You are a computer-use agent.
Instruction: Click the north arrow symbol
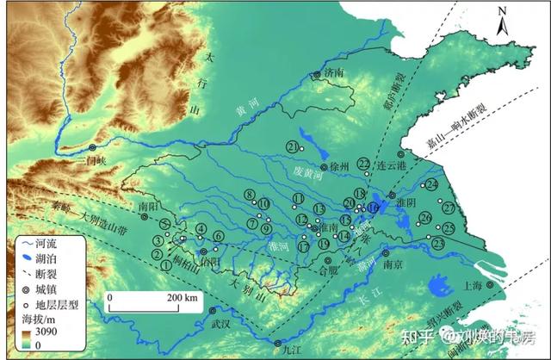(x=505, y=23)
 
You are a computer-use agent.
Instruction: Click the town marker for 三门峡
(x=92, y=149)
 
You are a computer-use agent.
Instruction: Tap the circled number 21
(x=294, y=146)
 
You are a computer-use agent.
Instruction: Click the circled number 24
(x=431, y=185)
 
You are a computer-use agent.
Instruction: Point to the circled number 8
(x=250, y=195)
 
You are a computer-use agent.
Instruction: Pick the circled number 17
(x=303, y=246)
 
